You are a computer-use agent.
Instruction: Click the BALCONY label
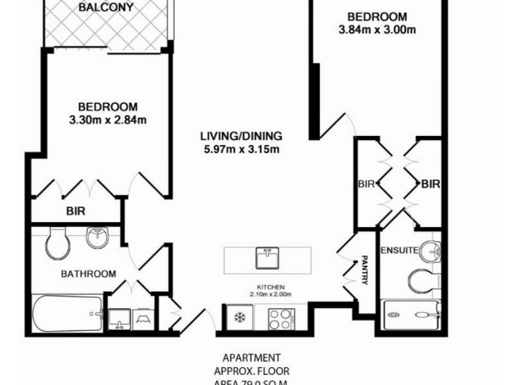(x=106, y=8)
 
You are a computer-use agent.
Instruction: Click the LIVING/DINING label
(x=241, y=137)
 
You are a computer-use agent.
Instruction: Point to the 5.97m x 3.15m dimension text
(x=241, y=150)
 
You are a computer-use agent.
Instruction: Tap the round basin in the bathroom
(x=96, y=237)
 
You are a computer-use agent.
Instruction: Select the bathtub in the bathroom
(x=67, y=314)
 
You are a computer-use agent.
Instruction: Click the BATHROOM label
(x=89, y=274)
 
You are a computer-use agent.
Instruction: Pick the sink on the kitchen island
(x=267, y=259)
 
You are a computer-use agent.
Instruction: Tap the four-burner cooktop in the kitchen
(x=281, y=318)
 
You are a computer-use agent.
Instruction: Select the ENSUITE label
(x=400, y=250)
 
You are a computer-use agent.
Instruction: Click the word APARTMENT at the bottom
(x=251, y=357)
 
